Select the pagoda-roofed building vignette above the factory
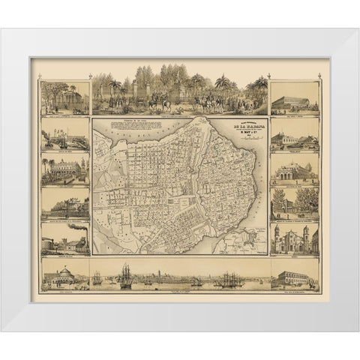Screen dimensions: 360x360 tap(66, 201)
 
